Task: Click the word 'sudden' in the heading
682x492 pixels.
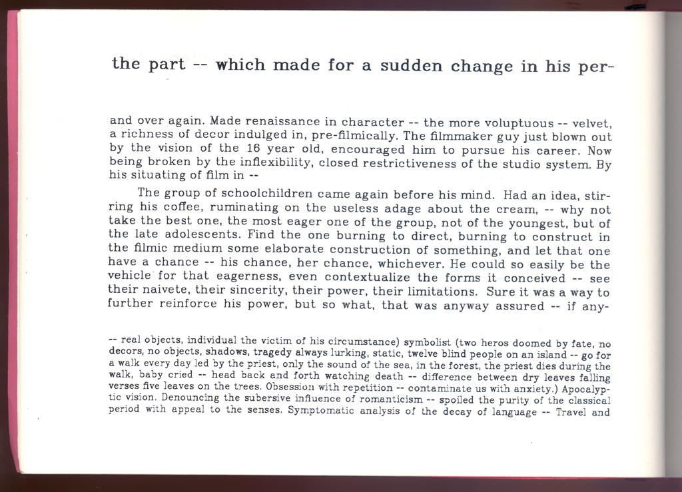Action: click(413, 66)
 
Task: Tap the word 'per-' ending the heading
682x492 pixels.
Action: click(597, 67)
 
